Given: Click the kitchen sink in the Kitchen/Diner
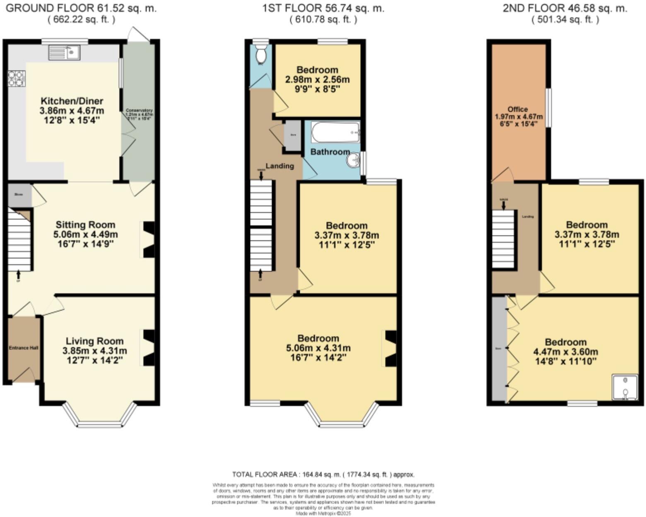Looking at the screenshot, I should [x=64, y=53].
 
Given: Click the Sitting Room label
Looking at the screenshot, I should [x=85, y=225].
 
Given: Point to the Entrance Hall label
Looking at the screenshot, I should [x=24, y=348].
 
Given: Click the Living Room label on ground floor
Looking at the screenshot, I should [x=94, y=341].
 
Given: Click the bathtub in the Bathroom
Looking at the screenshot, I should [x=335, y=132].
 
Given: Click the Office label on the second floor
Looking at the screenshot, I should [x=518, y=109].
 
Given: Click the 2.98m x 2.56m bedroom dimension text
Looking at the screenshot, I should [x=317, y=79].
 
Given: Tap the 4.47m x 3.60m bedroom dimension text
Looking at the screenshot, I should [x=565, y=352].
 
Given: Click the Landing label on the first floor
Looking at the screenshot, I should [x=280, y=166].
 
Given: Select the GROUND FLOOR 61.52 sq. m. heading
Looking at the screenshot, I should [x=81, y=8].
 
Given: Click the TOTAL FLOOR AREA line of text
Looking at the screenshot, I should [x=323, y=474].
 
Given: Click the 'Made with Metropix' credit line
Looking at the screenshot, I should [x=323, y=513].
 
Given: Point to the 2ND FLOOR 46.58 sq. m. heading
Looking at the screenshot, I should [x=565, y=8].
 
